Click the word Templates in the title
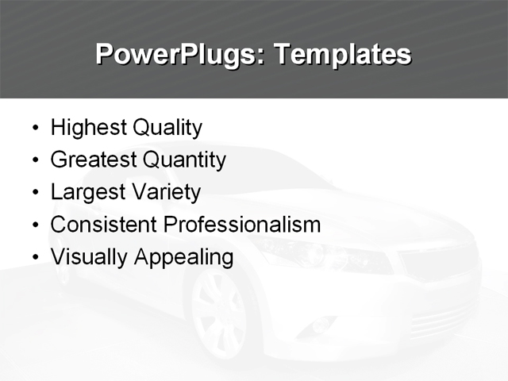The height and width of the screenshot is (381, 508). click(342, 56)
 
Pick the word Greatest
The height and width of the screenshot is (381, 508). click(93, 160)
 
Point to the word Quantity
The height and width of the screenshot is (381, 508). click(184, 160)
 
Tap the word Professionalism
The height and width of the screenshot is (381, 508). click(242, 225)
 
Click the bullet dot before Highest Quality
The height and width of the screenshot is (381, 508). click(34, 129)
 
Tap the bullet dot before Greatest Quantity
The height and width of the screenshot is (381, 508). click(34, 161)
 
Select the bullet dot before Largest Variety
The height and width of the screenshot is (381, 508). click(34, 194)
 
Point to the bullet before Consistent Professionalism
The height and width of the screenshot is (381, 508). click(34, 226)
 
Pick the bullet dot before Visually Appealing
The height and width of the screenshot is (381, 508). click(34, 259)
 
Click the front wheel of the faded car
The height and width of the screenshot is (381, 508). click(218, 314)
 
